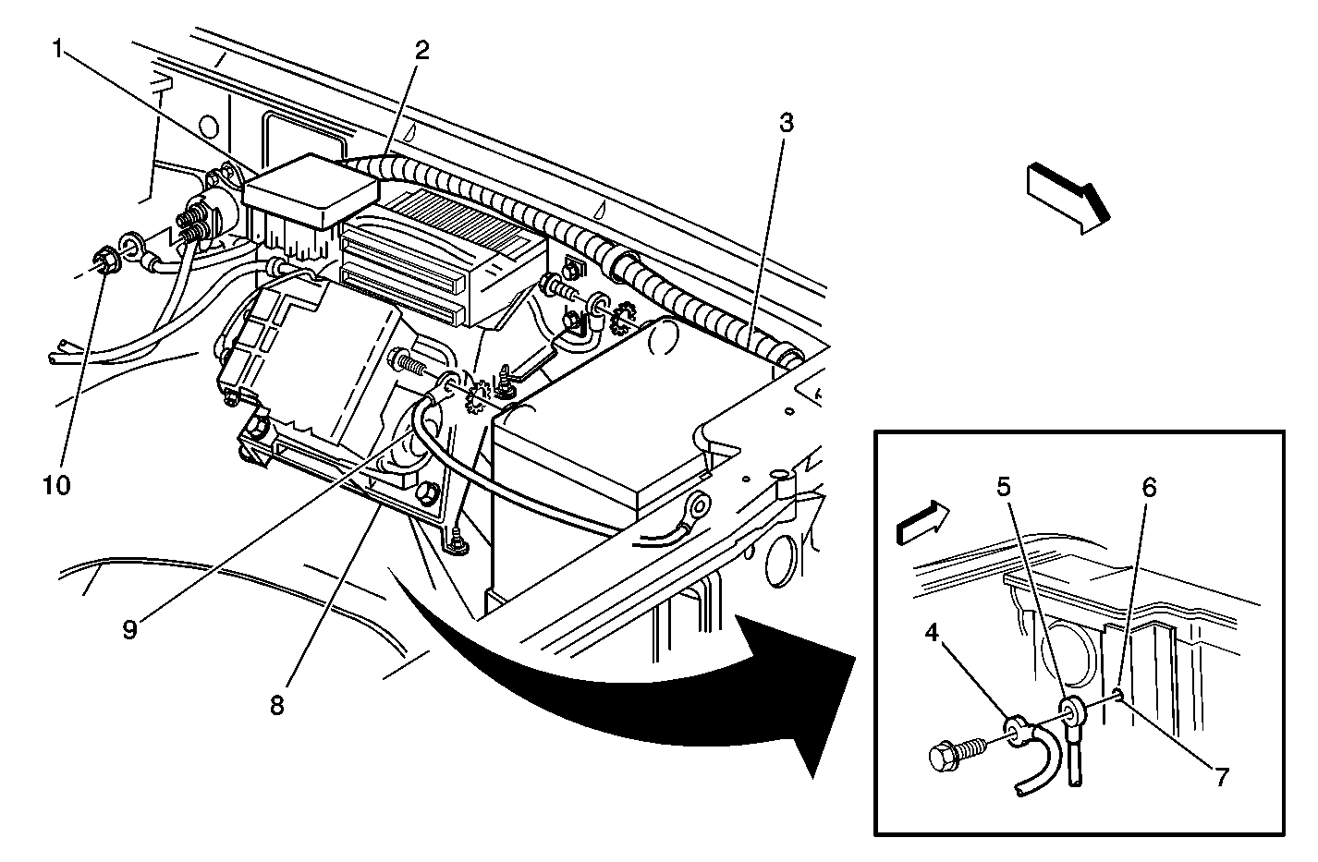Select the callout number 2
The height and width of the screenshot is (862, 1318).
[421, 50]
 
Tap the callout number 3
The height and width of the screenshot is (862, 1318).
[785, 123]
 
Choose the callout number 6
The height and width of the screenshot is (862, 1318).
[1148, 487]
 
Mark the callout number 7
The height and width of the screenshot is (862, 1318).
[1221, 777]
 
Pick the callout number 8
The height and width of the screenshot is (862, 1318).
[277, 706]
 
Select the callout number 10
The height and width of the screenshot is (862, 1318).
[55, 484]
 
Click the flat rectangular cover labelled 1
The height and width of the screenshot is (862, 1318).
[310, 191]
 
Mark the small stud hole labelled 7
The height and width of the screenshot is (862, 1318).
[1119, 694]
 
